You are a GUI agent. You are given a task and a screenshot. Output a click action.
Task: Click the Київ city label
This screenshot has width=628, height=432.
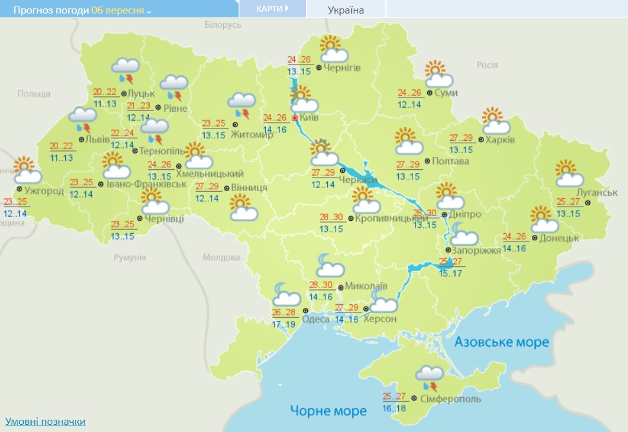tap(310, 118)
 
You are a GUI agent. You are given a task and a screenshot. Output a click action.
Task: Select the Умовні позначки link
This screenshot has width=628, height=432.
tap(45, 422)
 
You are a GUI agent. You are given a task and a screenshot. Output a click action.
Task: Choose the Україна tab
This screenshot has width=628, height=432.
tap(346, 10)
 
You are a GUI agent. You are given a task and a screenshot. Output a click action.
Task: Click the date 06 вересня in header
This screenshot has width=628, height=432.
tap(117, 10)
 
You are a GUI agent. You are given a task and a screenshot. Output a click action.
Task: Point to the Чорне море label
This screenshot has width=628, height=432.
tap(328, 411)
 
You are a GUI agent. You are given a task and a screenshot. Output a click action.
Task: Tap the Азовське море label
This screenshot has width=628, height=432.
tap(501, 342)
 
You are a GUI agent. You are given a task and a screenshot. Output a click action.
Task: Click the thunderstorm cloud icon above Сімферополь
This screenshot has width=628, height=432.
tap(430, 377)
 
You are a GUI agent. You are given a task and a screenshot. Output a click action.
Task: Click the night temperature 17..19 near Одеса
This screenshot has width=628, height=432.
tap(284, 324)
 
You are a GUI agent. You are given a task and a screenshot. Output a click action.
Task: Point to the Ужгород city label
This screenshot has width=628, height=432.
tap(44, 191)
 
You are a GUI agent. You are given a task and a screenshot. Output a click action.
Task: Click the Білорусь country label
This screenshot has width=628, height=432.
tap(223, 25)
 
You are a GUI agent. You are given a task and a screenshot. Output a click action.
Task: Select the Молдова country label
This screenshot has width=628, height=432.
tap(221, 257)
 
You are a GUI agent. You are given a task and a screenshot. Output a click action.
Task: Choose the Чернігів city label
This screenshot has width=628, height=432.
tap(342, 67)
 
